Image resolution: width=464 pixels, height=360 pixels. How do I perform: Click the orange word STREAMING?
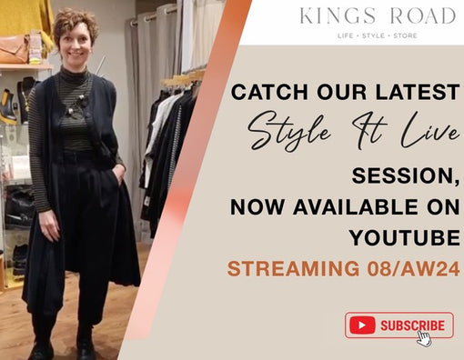click(291, 269)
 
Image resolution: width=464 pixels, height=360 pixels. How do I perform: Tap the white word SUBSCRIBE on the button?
click(412, 325)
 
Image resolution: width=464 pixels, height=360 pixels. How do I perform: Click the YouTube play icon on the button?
click(362, 325)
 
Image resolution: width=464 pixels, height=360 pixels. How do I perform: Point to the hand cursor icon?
click(424, 337)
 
